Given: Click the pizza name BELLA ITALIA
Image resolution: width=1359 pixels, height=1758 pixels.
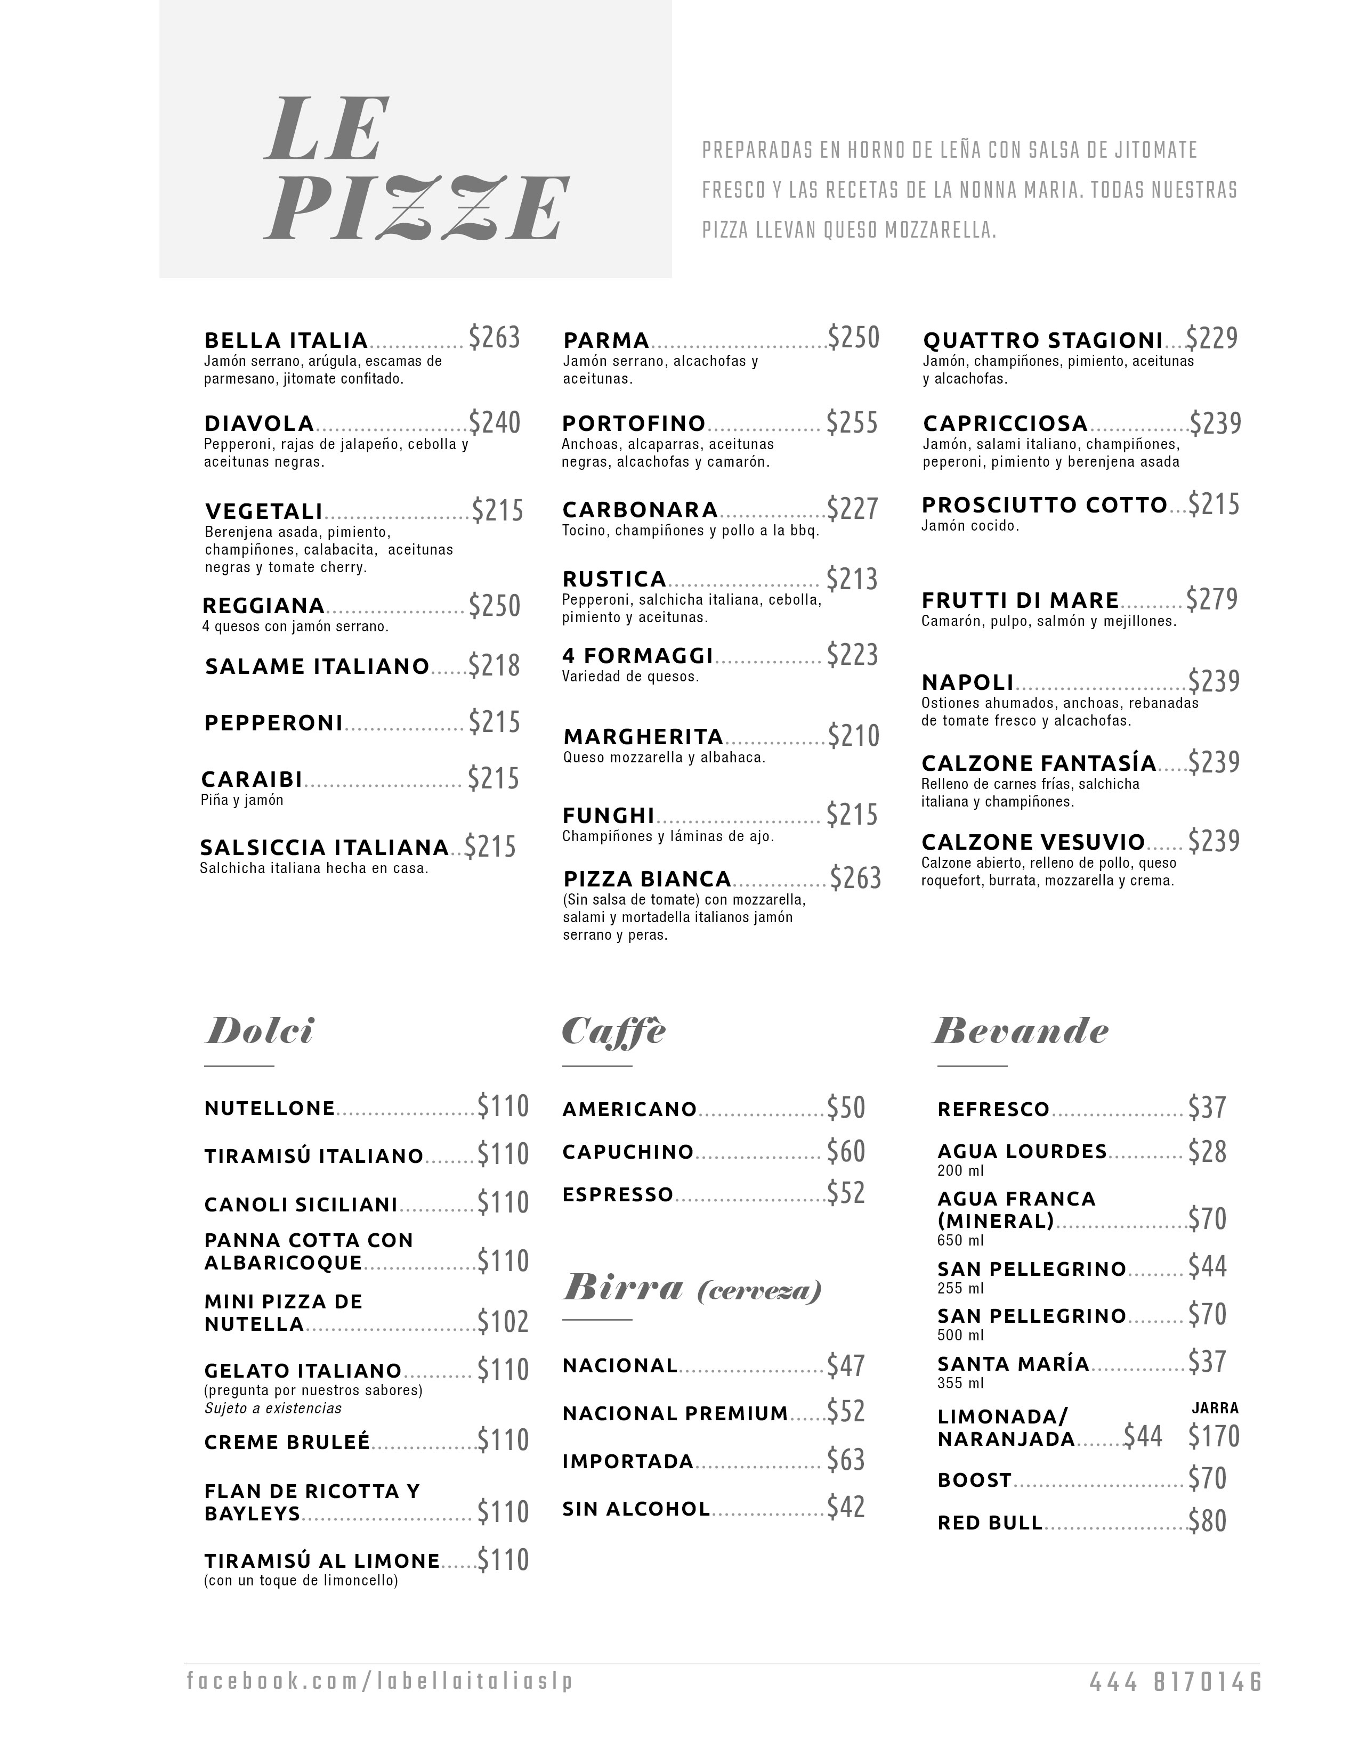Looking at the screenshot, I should coord(286,340).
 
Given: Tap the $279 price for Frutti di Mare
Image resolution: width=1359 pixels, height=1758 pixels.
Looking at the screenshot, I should coord(1212,600).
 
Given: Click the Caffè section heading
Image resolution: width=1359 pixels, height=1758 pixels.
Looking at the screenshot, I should coord(613,1031).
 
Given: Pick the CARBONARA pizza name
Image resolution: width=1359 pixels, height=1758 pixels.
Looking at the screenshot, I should coord(640,509).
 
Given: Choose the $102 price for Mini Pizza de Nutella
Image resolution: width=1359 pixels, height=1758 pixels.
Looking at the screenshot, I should coord(503,1323).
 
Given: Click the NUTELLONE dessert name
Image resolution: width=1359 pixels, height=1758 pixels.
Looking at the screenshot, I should coord(270,1109).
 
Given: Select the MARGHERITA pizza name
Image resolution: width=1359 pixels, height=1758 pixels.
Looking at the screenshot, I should coord(643,737).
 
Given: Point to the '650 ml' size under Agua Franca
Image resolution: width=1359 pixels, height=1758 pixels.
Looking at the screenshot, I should coord(960,1240).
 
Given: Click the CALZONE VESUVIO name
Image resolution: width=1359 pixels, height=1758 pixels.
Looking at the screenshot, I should coord(1033,842).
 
